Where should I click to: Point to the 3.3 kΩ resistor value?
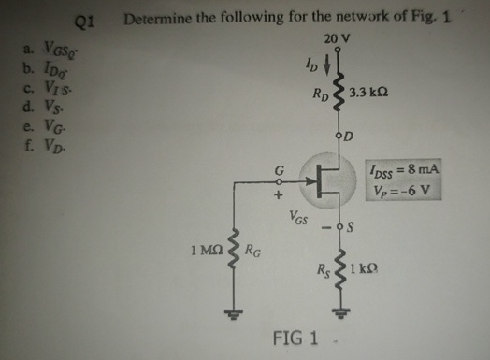(x=367, y=94)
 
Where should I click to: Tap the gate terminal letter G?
(x=276, y=169)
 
